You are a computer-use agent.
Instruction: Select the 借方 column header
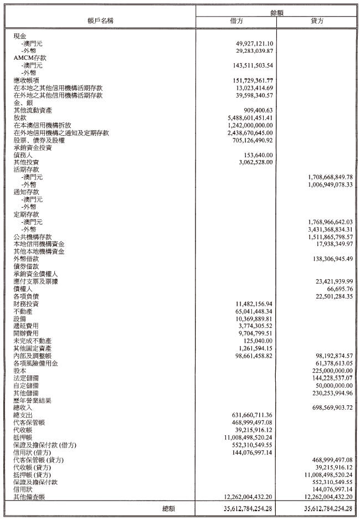[x=236, y=22]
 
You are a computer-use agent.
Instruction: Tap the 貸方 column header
[x=318, y=22]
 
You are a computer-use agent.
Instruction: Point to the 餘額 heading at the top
[x=277, y=11]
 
